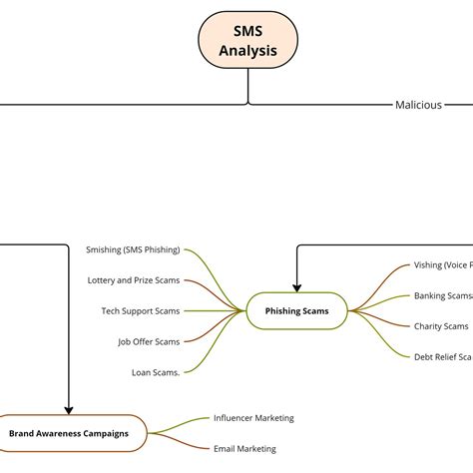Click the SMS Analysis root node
pyautogui.click(x=247, y=40)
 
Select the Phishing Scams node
pyautogui.click(x=296, y=311)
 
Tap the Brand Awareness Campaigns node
pyautogui.click(x=69, y=433)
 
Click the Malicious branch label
pyautogui.click(x=418, y=105)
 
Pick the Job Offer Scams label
pyautogui.click(x=149, y=341)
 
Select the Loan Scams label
pyautogui.click(x=156, y=372)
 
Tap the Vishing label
pyautogui.click(x=442, y=265)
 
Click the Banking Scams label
pyautogui.click(x=442, y=295)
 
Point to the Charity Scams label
pyautogui.click(x=440, y=326)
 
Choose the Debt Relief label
pyautogui.click(x=442, y=356)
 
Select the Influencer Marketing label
pyautogui.click(x=253, y=418)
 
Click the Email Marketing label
pyautogui.click(x=244, y=449)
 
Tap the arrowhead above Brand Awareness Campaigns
pyautogui.click(x=69, y=408)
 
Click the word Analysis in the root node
pyautogui.click(x=247, y=50)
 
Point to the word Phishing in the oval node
pyautogui.click(x=282, y=311)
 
